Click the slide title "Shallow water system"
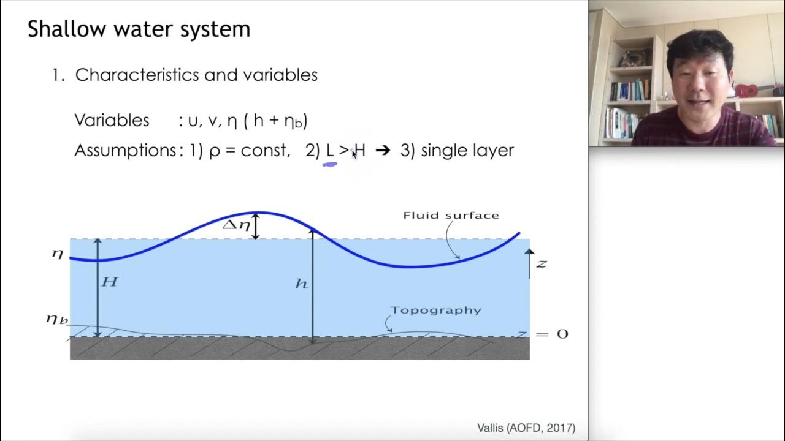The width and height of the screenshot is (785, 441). tap(139, 29)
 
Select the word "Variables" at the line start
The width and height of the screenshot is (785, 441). tap(112, 120)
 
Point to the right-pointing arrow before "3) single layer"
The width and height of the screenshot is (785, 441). tap(382, 151)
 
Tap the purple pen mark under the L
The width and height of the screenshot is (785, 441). tap(330, 164)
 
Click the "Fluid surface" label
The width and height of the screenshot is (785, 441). tap(451, 216)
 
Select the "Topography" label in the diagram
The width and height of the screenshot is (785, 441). tap(435, 310)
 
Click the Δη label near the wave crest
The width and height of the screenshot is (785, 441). tap(236, 225)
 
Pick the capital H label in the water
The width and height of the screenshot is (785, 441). tap(109, 282)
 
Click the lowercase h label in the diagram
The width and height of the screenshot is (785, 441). tap(301, 284)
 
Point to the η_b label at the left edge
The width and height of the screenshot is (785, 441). tap(56, 319)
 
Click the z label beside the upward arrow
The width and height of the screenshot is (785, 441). tap(541, 263)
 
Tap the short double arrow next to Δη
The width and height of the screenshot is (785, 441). tap(257, 226)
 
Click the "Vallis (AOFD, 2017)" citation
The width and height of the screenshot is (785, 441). tap(526, 428)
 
